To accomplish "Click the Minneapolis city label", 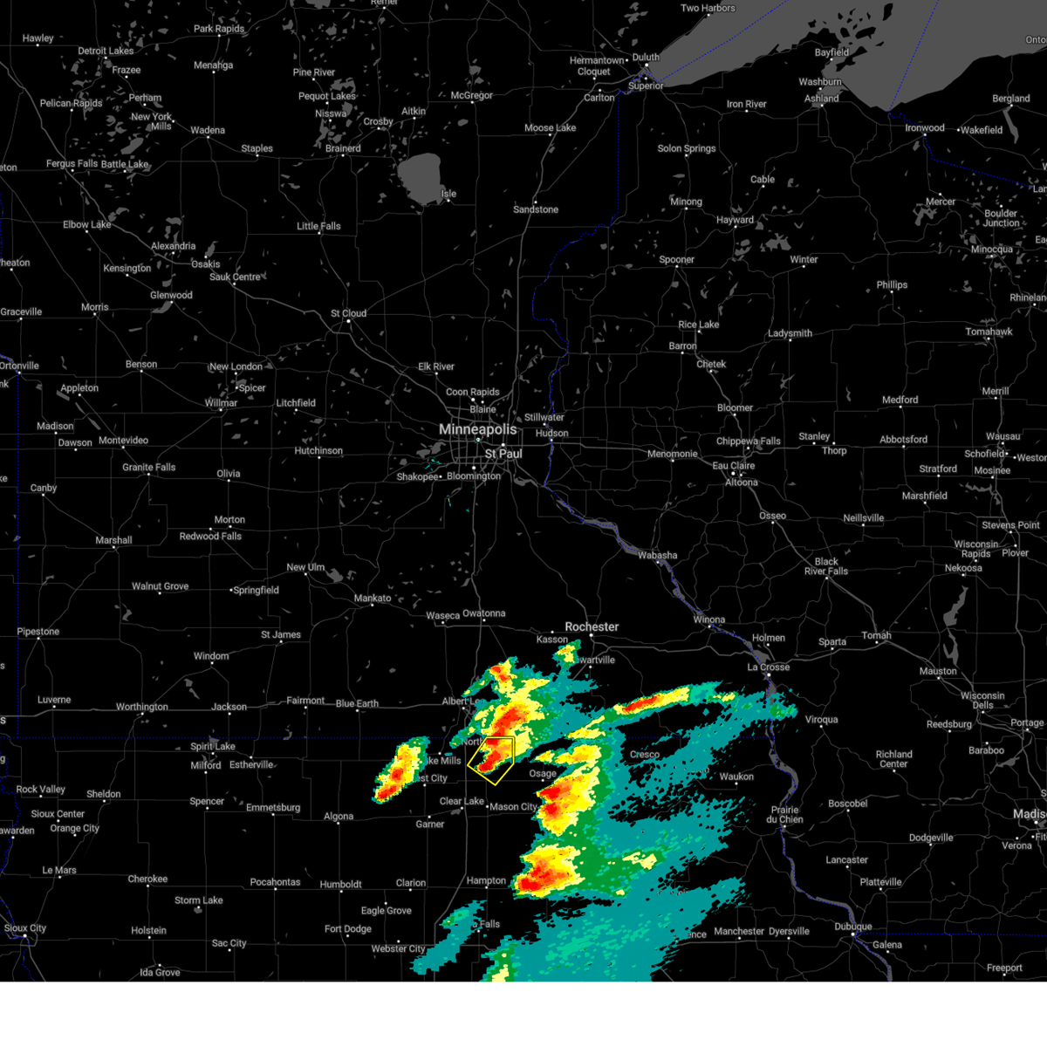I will coord(477,429).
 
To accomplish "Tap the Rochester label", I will coord(592,626).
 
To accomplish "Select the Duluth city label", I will coord(646,58).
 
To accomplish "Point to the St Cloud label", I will coord(348,313).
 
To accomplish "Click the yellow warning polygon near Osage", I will coord(491,758).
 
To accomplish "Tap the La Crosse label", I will coord(768,667).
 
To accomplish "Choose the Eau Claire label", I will coord(734,466).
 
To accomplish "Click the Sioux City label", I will coord(25,928).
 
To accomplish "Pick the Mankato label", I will coord(373,599).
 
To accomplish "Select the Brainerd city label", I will coord(343,148).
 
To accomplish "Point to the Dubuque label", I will coord(852,927).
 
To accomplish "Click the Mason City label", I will coord(514,807).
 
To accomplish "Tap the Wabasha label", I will coord(657,555).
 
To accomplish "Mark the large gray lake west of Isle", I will coord(420,175).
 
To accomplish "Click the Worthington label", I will coord(142,707).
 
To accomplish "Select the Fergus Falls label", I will coord(72,164).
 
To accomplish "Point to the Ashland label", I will coord(821,99).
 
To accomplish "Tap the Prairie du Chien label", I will coord(786,814).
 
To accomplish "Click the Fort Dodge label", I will coord(348,929).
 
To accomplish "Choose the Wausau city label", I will coord(1003,436).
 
